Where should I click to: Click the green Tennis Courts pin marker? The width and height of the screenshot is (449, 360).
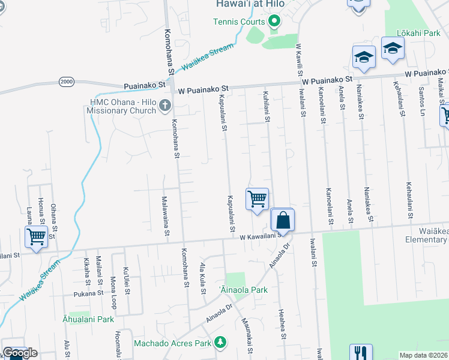coord(274,22)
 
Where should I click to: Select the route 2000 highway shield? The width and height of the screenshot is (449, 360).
coord(66,82)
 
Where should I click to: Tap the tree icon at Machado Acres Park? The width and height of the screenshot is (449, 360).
coord(220,343)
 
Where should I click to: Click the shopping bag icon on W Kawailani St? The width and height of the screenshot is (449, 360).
coord(283,220)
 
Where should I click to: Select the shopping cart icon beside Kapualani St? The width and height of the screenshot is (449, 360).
coord(257,199)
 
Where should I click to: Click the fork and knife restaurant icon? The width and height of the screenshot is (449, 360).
coord(360,353)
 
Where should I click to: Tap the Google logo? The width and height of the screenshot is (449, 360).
coord(20,353)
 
